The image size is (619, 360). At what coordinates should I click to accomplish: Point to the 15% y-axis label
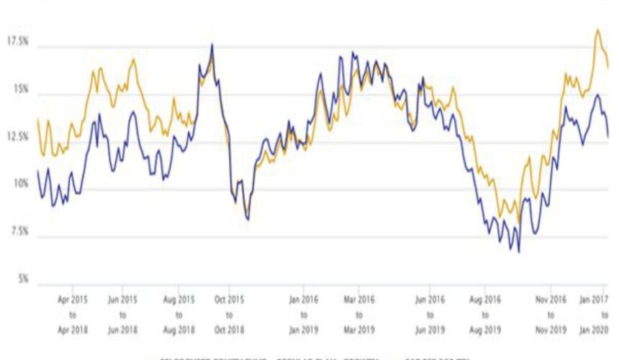(x=19, y=89)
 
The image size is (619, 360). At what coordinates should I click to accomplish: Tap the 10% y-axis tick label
(x=19, y=184)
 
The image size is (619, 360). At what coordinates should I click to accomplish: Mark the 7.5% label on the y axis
(x=19, y=232)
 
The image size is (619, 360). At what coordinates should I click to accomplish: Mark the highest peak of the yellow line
(x=597, y=30)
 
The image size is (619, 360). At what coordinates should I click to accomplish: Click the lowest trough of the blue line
(x=518, y=252)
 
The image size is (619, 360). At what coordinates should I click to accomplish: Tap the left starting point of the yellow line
(x=37, y=119)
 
